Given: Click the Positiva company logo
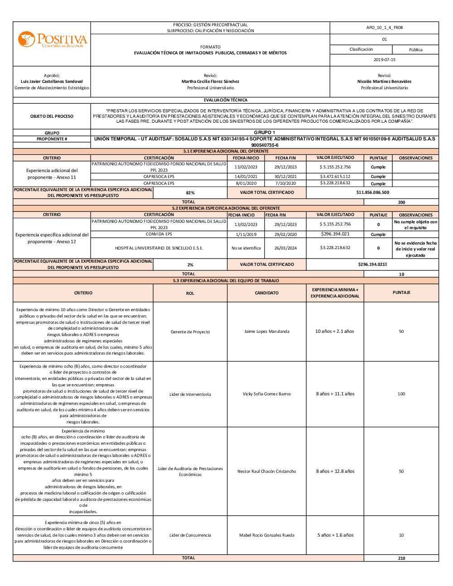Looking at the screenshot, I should click(x=52, y=40).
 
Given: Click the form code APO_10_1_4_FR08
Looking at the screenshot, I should click(x=384, y=28).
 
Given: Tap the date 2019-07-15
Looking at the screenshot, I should click(x=384, y=60).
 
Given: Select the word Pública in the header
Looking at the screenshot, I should click(x=415, y=50).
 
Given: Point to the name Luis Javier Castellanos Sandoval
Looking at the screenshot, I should click(x=52, y=82).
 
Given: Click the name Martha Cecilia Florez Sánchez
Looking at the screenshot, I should click(x=210, y=82).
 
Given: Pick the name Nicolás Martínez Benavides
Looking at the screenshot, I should click(x=384, y=82).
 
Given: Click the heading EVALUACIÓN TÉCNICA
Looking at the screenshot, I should click(x=226, y=100).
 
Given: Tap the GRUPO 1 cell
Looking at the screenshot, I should click(x=264, y=133).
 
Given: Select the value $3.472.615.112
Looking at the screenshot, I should click(x=335, y=177).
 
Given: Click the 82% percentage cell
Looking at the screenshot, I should click(x=190, y=193).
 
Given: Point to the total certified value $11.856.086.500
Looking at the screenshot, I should click(x=372, y=192).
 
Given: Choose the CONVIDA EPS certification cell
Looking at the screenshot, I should click(x=159, y=234).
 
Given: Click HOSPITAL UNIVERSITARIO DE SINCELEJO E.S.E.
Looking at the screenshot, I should click(x=159, y=248).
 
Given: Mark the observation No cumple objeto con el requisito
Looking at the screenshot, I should click(x=415, y=225).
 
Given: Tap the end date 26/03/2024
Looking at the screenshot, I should click(x=285, y=248).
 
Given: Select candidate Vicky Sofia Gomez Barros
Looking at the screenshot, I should click(x=266, y=394).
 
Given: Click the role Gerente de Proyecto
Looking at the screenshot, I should click(x=190, y=332).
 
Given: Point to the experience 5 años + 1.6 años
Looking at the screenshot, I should click(x=335, y=535).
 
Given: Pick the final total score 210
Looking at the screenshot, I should click(x=401, y=558).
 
